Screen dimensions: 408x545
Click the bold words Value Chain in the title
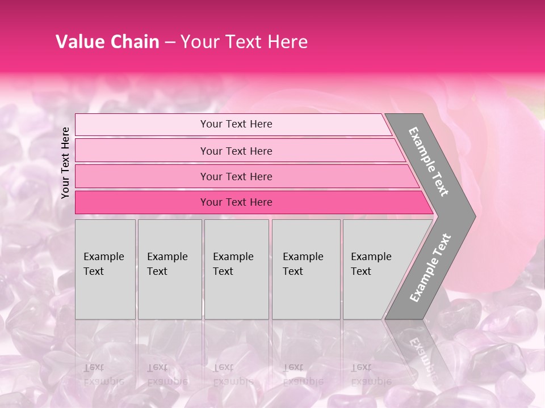click(107, 42)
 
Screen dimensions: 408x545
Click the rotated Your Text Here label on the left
click(65, 163)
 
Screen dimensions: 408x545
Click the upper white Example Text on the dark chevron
click(429, 161)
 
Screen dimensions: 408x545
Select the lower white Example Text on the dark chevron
click(430, 268)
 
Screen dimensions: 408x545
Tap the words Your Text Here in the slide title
click(244, 42)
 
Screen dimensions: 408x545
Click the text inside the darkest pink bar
click(236, 202)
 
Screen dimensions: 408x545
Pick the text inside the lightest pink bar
click(236, 124)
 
